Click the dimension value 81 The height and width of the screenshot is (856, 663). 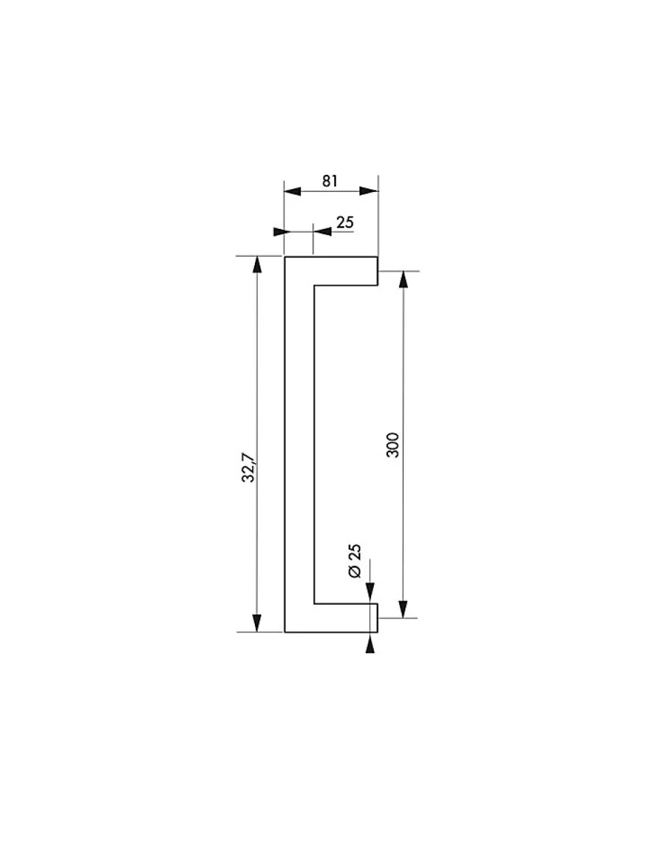point(329,181)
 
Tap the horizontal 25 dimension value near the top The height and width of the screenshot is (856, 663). point(345,223)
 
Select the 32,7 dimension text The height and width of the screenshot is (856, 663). point(249,467)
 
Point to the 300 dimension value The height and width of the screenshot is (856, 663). point(392,445)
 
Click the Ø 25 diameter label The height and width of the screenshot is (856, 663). point(355,561)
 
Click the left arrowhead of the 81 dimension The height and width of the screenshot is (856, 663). point(293,191)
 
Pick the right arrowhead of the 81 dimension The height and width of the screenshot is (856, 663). point(369,191)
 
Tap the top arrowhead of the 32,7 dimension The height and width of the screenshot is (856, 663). point(257,264)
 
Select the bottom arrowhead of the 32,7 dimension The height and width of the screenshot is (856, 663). point(257,623)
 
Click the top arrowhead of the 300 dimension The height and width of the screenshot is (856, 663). point(403,279)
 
